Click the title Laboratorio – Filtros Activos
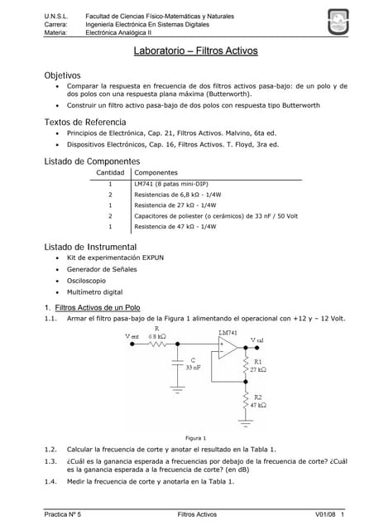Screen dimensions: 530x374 click(196, 51)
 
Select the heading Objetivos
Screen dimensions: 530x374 click(62, 75)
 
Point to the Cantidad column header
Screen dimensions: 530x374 click(111, 172)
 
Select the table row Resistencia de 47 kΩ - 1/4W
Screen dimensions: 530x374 click(175, 226)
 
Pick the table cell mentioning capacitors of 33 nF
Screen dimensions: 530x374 click(215, 215)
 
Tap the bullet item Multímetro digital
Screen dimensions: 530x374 click(94, 292)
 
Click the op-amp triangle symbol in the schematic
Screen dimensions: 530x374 click(227, 347)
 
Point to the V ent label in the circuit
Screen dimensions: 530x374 click(132, 337)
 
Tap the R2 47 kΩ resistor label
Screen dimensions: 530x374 click(258, 402)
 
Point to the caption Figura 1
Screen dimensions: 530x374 click(196, 437)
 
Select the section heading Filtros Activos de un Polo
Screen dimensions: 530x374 click(103, 307)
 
